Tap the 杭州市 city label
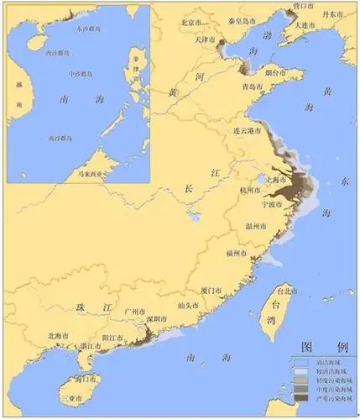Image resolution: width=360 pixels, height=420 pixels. [x=252, y=192]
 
